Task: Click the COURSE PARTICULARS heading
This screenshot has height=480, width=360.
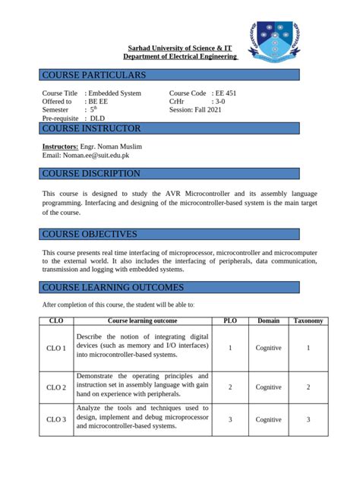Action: [x=93, y=75]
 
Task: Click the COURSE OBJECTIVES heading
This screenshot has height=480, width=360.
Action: [x=90, y=234]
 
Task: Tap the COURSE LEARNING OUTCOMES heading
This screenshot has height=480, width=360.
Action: [x=112, y=288]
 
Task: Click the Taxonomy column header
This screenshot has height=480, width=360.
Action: [x=308, y=321]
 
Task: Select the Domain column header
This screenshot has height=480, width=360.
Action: [x=268, y=321]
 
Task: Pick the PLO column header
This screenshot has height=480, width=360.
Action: [x=230, y=321]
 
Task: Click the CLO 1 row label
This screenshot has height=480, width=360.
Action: [x=56, y=349]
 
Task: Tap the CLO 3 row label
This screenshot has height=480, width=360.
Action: [x=56, y=419]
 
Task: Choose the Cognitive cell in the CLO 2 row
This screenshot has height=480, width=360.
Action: [x=268, y=387]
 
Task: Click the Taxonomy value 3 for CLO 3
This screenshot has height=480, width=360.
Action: [x=308, y=419]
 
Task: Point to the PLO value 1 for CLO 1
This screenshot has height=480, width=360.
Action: [x=230, y=348]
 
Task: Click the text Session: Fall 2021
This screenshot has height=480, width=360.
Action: [x=201, y=110]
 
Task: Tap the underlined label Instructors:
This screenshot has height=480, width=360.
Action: [x=60, y=146]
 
